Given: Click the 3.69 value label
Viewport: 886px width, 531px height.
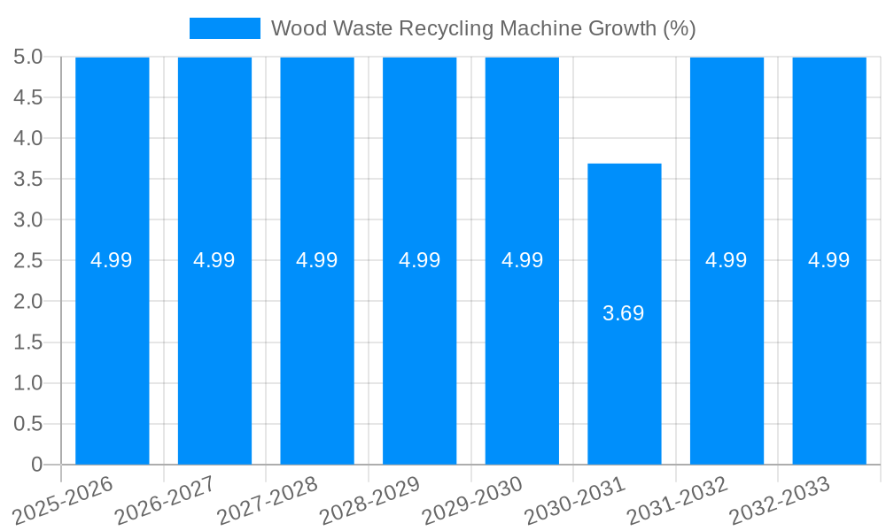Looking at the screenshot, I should click(x=624, y=313).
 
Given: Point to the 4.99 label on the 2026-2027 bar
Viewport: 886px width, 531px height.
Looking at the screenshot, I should click(x=214, y=260).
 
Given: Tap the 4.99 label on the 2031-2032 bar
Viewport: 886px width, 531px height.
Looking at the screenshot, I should click(x=727, y=260).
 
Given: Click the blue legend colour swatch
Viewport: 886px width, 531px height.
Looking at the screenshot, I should click(x=225, y=28).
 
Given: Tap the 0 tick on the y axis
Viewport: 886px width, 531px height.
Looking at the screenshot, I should click(x=36, y=465).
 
